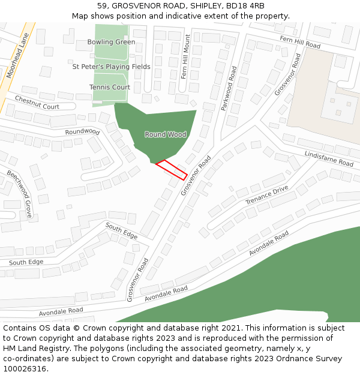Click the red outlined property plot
(172, 170)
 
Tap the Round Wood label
(166, 134)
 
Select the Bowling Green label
(111, 42)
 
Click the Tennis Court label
(110, 87)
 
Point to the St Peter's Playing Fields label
(112, 67)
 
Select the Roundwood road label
(82, 131)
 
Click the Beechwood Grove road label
(20, 193)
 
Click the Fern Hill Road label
(300, 42)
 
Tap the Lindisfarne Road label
(329, 158)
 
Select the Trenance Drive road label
(266, 195)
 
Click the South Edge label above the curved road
(122, 230)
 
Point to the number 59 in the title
(101, 5)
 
